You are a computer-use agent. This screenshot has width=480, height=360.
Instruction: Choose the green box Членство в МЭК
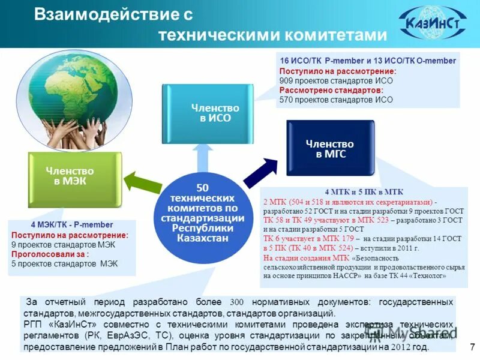pyautogui.click(x=70, y=176)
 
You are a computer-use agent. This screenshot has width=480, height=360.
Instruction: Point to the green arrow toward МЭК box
pyautogui.click(x=139, y=183)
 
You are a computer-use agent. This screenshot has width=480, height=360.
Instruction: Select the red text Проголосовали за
pyautogui.click(x=46, y=254)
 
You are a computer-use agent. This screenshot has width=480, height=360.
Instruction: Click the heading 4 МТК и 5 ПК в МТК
pyautogui.click(x=364, y=192)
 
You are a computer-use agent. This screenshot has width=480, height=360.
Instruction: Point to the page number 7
pyautogui.click(x=472, y=346)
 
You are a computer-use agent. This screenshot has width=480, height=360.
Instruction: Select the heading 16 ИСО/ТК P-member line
pyautogui.click(x=368, y=61)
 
